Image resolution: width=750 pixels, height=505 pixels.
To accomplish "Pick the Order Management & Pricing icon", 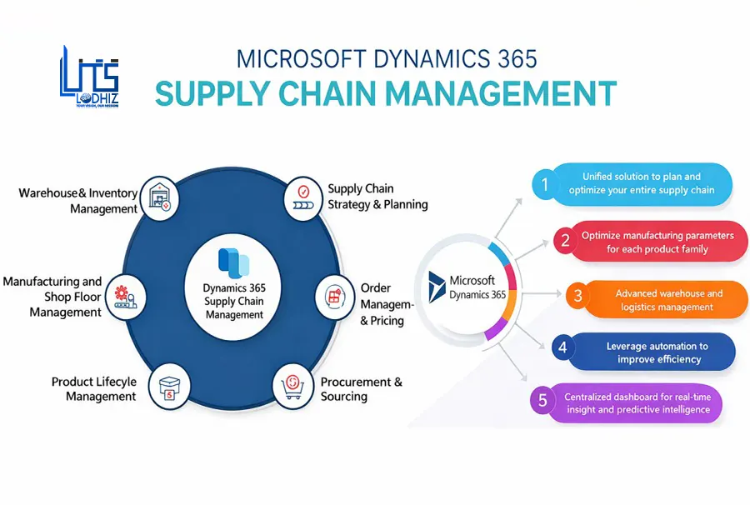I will pos(335,296).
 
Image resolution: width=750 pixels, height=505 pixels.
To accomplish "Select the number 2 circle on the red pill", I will pos(565,242).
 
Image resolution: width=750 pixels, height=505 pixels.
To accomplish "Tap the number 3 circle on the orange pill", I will pos(577,295).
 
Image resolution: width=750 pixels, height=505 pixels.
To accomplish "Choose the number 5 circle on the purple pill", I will pos(543,401).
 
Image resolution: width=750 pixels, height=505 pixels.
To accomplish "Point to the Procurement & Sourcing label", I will pos(361,389).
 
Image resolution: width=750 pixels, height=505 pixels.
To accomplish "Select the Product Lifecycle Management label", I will pos(93,389).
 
